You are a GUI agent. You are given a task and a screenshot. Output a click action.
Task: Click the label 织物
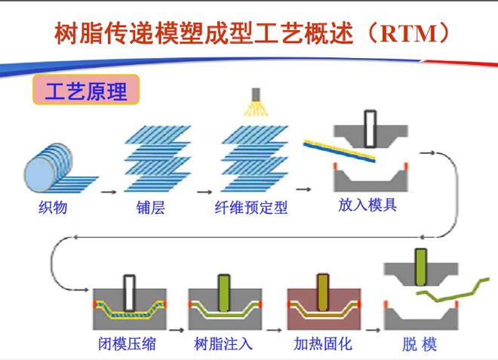54,207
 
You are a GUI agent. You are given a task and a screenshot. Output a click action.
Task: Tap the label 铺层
146,207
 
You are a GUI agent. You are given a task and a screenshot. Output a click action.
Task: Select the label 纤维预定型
252,207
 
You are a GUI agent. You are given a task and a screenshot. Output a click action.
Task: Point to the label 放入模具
367,205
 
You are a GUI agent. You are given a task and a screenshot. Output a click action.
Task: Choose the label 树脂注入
223,344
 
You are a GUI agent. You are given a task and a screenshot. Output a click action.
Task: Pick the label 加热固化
323,344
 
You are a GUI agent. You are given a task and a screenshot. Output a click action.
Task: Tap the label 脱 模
420,344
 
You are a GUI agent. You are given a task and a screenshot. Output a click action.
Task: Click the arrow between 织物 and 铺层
108,192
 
